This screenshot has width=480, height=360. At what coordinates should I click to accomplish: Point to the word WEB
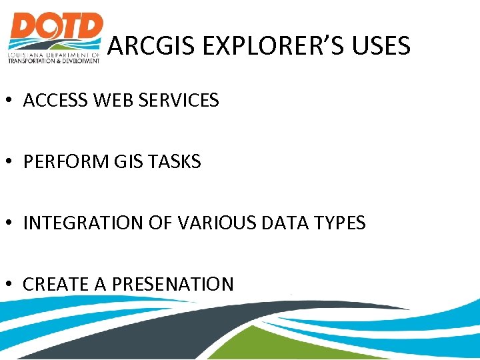113,101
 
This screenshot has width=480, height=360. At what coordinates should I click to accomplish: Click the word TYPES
339,223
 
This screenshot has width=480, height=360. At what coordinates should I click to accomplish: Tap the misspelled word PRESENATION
173,285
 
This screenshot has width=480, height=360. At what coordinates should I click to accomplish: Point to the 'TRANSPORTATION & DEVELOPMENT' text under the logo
53,61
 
